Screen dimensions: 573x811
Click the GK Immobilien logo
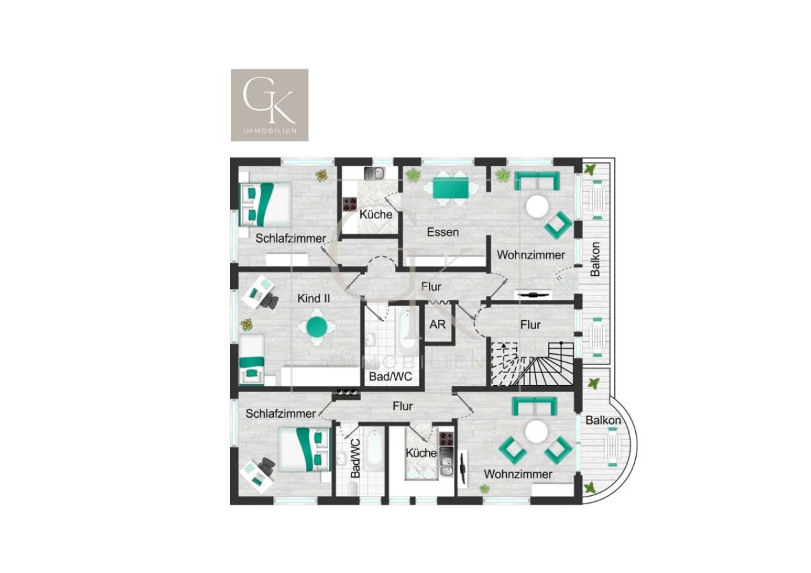(269, 105)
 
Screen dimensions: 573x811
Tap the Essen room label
(442, 232)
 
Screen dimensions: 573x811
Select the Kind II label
(314, 298)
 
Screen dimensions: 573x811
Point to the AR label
(437, 325)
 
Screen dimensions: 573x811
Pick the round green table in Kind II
(317, 327)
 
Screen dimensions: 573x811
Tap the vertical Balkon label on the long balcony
(595, 259)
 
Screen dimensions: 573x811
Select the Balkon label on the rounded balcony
(603, 420)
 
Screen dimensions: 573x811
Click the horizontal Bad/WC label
(391, 377)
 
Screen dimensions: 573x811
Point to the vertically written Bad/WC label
(355, 458)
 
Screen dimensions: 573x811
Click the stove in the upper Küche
(349, 204)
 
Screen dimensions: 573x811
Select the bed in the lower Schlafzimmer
(304, 449)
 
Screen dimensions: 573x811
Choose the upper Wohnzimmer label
(531, 255)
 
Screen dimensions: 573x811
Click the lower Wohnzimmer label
(518, 474)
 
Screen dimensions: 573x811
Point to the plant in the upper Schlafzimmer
(322, 175)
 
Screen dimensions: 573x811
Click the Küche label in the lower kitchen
(421, 453)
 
